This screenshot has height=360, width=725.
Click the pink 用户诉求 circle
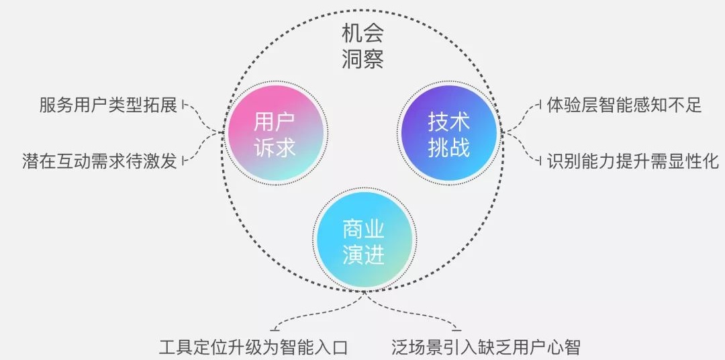(275, 134)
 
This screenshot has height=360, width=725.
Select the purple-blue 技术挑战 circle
(449, 134)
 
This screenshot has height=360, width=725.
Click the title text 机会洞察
(362, 45)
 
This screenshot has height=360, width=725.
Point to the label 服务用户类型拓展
(108, 105)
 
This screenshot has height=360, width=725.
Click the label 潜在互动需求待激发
(100, 162)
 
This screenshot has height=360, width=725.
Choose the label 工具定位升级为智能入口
(253, 347)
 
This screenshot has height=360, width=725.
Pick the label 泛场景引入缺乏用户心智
(485, 347)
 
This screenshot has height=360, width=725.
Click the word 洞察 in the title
(362, 59)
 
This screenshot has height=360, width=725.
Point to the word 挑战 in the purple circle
(449, 147)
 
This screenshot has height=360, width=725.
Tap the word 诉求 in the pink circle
(275, 147)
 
